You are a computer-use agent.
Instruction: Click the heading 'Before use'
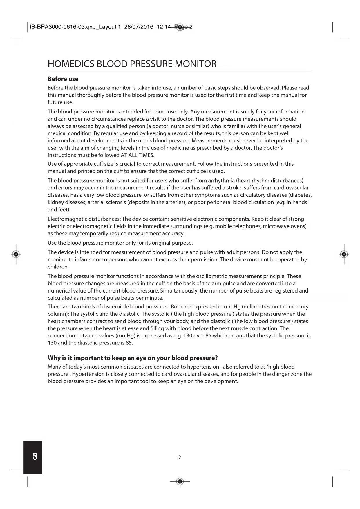pyautogui.click(x=63, y=79)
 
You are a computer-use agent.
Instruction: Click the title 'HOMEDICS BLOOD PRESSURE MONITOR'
pyautogui.click(x=132, y=64)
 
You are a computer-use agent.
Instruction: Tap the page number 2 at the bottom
pyautogui.click(x=180, y=458)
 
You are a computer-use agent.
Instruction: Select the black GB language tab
pyautogui.click(x=33, y=457)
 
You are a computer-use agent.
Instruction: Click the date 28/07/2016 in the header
pyautogui.click(x=139, y=27)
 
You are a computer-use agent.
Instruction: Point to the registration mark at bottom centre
pyautogui.click(x=180, y=482)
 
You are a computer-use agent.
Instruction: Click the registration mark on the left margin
pyautogui.click(x=16, y=254)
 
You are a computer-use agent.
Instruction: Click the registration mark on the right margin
pyautogui.click(x=344, y=254)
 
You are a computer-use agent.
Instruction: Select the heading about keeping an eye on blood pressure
pyautogui.click(x=133, y=358)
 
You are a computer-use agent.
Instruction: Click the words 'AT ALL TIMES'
pyautogui.click(x=137, y=155)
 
